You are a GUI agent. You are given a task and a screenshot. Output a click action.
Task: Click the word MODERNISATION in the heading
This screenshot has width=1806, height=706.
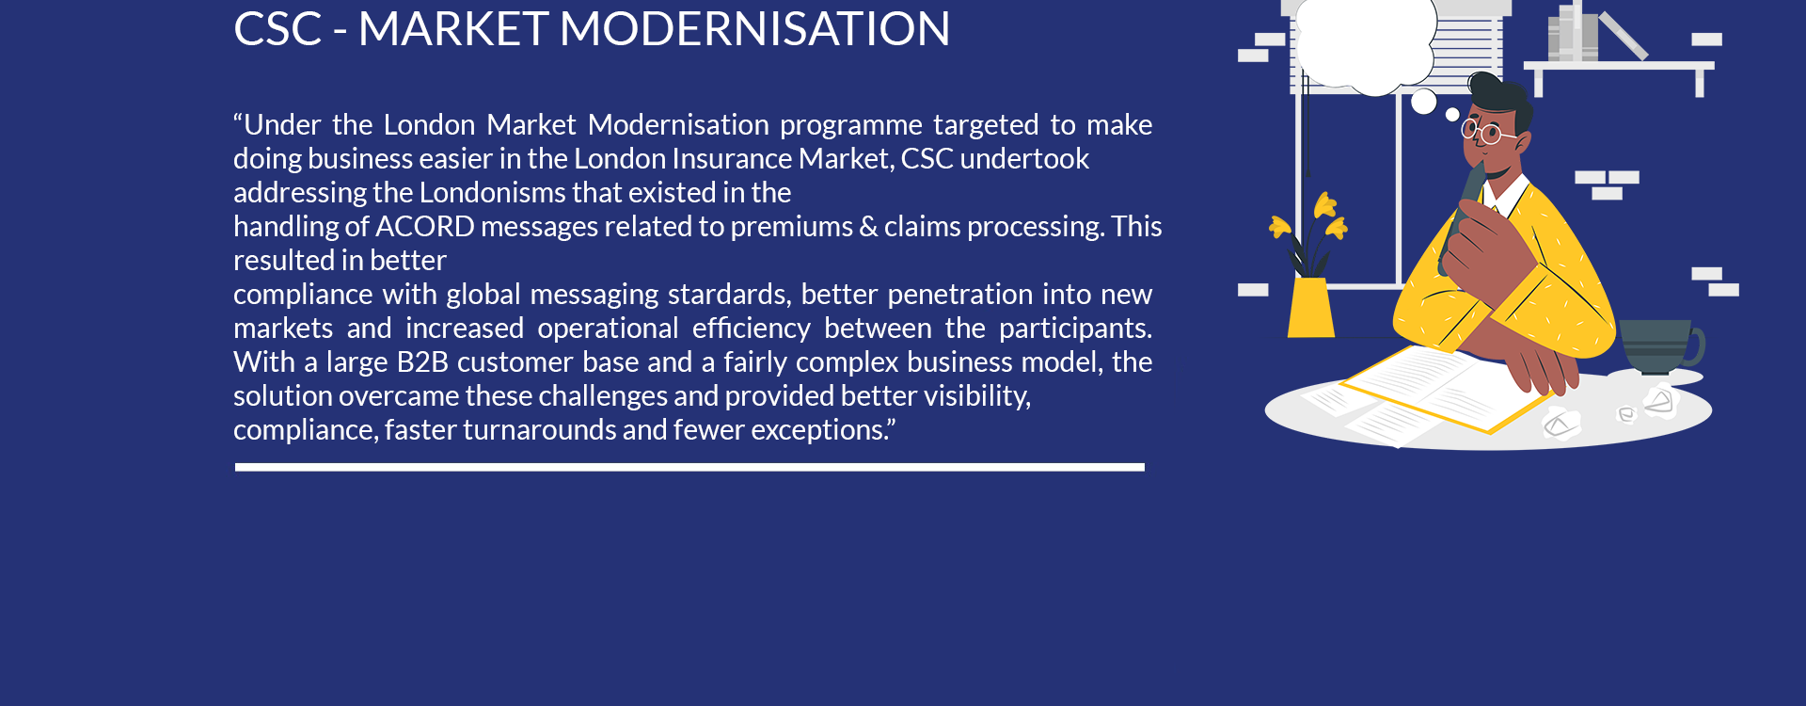(754, 28)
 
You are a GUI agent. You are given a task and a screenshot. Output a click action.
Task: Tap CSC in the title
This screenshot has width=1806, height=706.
(277, 28)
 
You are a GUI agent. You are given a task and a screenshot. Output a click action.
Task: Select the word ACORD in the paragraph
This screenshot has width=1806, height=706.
(425, 227)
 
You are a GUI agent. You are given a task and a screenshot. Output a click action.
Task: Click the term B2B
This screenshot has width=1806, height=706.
(422, 362)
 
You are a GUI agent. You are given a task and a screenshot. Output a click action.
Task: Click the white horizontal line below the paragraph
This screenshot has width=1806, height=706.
(689, 467)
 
